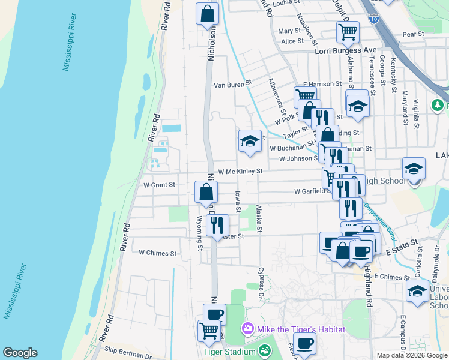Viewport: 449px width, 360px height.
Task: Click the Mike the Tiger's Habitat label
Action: coord(292,329)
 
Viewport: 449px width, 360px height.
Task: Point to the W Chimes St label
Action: coord(157,253)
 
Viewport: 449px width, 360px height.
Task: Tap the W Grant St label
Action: coord(158,185)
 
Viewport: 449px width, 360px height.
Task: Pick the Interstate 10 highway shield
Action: coord(374,19)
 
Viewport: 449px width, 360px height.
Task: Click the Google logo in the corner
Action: coord(20,353)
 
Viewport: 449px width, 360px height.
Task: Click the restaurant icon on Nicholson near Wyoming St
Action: coord(217,226)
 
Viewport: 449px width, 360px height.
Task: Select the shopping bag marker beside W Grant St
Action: coord(206,193)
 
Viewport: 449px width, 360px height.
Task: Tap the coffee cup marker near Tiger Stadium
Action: coord(214,314)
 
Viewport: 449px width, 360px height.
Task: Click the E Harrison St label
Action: coord(322,85)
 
